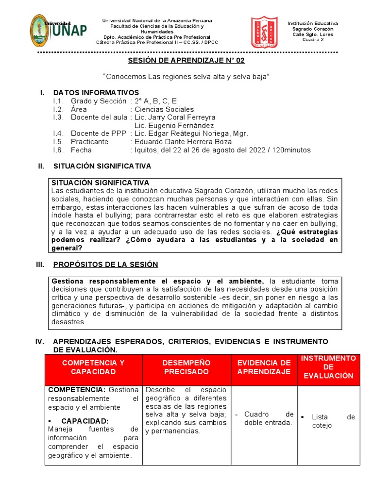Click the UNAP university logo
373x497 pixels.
coord(58,30)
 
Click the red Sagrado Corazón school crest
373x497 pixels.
coord(264,32)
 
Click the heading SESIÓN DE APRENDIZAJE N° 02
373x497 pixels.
coord(186,61)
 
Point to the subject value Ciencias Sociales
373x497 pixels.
coord(164,109)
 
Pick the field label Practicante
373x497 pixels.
coord(90,142)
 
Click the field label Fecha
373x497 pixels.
coord(81,150)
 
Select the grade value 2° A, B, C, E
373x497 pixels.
coord(156,101)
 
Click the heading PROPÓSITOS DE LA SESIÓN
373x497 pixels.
coord(105,265)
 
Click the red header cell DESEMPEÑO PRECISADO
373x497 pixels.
coord(186,367)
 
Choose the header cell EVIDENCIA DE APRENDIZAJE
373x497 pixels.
coord(264,367)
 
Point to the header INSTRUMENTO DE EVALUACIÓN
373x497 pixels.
coord(328,367)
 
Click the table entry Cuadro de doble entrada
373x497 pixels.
coord(269,418)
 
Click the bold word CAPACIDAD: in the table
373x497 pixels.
coord(85,421)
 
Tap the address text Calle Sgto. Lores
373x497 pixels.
coord(313,34)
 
